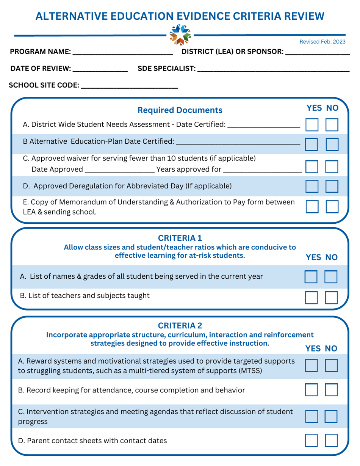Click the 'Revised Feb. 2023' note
[322, 42]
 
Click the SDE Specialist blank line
[273, 70]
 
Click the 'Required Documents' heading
[180, 110]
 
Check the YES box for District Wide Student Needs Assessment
[311, 124]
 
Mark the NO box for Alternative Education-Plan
[332, 144]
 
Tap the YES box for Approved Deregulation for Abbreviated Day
[311, 186]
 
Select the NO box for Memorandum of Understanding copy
[332, 206]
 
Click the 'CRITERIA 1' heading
[180, 238]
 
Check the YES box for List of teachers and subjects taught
[311, 298]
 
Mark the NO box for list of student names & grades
[331, 277]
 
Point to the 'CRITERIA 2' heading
[180, 326]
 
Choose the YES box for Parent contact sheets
[311, 440]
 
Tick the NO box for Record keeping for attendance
[332, 390]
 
